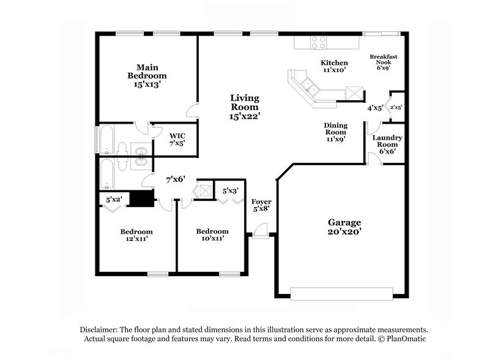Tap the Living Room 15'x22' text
244,107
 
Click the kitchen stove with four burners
318,42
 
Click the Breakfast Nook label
384,62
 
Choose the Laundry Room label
387,144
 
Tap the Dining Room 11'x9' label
335,132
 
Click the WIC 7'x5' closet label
177,138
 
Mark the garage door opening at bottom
341,294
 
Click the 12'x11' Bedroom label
136,235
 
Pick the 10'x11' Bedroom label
212,234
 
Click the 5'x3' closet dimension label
231,190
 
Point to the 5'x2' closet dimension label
115,199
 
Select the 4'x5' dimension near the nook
374,108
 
